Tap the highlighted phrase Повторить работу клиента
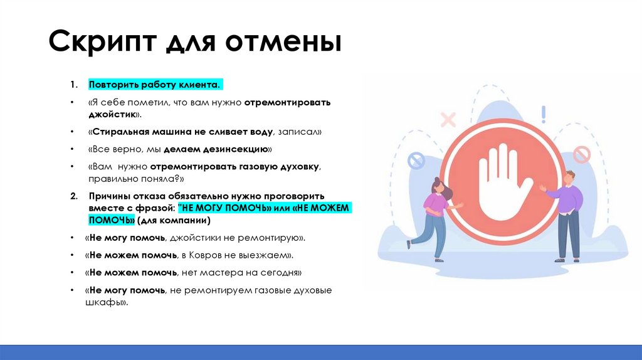click(155, 84)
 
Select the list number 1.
click(73, 84)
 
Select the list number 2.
click(73, 196)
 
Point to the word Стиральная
click(120, 133)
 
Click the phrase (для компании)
click(173, 221)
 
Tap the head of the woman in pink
click(438, 186)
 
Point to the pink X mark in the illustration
click(448, 119)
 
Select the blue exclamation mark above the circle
click(544, 114)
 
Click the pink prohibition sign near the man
click(582, 154)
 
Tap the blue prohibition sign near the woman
click(416, 162)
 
